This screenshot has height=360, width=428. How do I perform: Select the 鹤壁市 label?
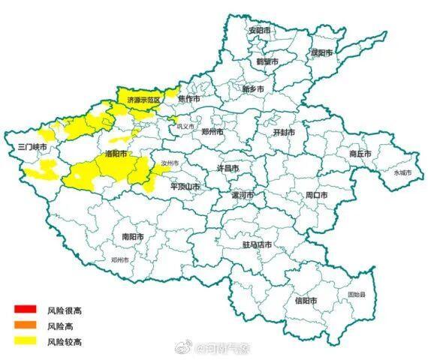267,61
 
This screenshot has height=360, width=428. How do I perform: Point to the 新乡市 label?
253,89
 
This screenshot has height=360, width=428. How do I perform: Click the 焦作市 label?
189,98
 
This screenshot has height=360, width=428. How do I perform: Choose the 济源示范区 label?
143,98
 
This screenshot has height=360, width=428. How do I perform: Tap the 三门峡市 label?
32,147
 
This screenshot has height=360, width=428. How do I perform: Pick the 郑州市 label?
213,131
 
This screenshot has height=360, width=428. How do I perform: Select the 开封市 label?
283,132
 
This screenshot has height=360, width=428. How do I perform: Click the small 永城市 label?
402,172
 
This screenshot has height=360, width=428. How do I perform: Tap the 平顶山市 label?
184,186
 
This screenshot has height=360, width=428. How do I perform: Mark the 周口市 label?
316,195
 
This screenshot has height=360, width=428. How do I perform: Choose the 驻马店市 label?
257,245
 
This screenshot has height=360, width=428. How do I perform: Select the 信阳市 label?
306,301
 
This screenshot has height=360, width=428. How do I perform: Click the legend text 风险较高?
64,342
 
